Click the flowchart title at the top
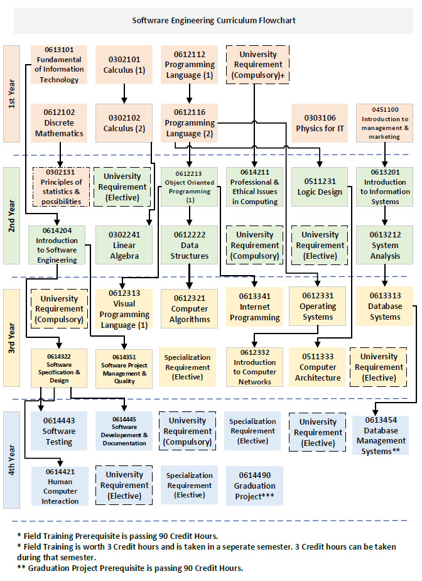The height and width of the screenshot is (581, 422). (x=214, y=20)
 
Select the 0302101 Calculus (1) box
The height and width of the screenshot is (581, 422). (x=124, y=65)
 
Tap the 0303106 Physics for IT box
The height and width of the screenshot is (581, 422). (x=319, y=122)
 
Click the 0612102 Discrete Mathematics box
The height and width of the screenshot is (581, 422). (x=59, y=122)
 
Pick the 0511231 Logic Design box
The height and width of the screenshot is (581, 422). (x=319, y=187)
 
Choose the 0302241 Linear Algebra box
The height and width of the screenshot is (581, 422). (x=124, y=245)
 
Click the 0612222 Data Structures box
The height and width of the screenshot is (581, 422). (x=190, y=245)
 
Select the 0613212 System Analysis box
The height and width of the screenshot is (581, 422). (x=384, y=245)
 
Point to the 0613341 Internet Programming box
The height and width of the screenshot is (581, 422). (x=254, y=307)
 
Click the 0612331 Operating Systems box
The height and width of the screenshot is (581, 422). (x=318, y=306)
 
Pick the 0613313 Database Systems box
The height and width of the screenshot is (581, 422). (x=384, y=306)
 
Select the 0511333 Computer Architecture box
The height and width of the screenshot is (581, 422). (x=318, y=367)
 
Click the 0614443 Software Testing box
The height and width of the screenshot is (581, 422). (x=59, y=431)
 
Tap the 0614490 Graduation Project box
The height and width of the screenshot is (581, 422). (x=254, y=486)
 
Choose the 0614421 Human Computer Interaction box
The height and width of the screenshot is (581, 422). (x=60, y=486)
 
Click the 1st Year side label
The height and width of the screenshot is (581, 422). (x=11, y=94)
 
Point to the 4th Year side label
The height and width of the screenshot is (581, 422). (x=11, y=459)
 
